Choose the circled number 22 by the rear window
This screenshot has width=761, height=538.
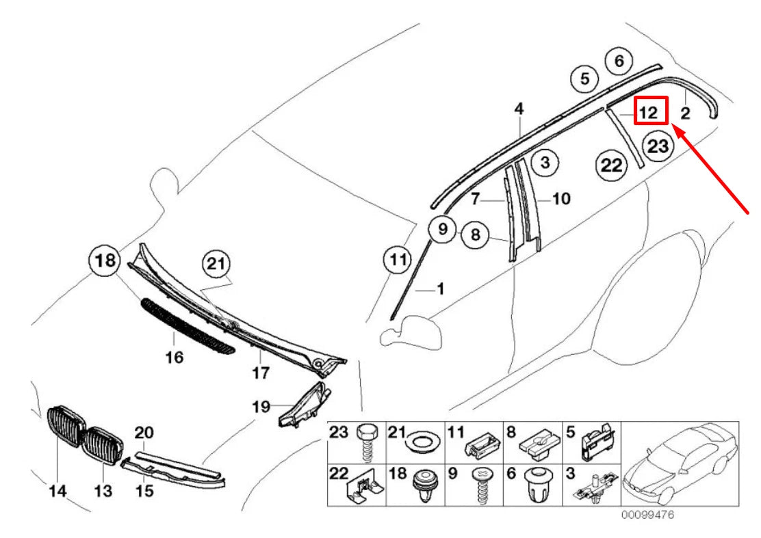tap(611, 165)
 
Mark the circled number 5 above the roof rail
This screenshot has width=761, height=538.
tap(584, 79)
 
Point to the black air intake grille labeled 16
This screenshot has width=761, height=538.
tap(186, 326)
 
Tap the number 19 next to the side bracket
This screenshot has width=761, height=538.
tap(261, 407)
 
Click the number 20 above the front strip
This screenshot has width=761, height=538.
tap(144, 433)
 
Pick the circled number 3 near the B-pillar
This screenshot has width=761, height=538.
tap(544, 163)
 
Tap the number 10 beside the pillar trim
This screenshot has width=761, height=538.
tap(560, 199)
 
